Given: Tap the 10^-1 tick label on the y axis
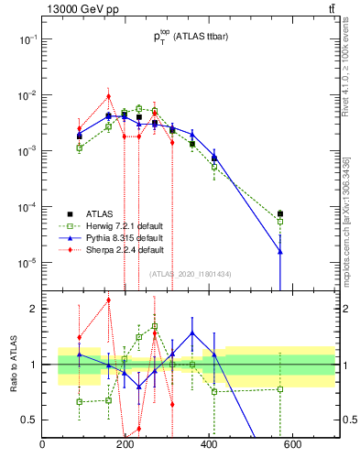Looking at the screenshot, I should coord(27,39).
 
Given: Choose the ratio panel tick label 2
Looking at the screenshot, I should coord(34,309).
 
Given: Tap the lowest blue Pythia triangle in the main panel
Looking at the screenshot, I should coord(280,251).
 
